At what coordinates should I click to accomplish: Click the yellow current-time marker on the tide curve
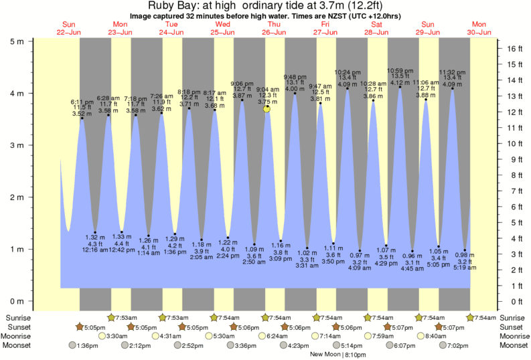tap(267, 108)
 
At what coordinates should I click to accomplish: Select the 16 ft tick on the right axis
tap(512, 49)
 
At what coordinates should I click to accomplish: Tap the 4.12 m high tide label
tap(400, 83)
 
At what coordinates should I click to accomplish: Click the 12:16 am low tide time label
tap(94, 250)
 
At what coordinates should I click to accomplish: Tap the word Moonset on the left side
tap(21, 345)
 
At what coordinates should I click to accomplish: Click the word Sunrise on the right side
tap(514, 317)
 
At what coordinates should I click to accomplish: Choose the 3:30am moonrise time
tap(117, 336)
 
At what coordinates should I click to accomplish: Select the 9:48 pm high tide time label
tap(295, 76)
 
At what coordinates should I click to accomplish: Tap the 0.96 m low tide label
tap(412, 256)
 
